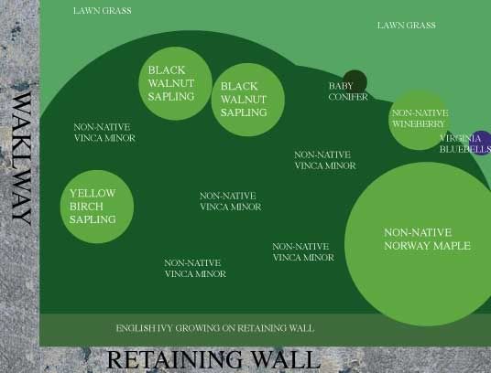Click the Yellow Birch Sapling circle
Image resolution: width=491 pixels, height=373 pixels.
(97, 207)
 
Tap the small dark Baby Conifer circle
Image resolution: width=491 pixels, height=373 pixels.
(355, 82)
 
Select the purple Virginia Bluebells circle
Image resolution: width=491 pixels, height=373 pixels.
(481, 143)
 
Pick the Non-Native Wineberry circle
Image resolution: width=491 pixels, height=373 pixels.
(420, 121)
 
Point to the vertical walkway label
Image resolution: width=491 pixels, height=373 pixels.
(22, 158)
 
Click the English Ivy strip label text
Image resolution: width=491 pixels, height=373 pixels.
(214, 328)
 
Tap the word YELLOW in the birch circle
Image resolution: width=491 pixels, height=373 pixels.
(93, 194)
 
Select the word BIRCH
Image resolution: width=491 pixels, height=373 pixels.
(86, 207)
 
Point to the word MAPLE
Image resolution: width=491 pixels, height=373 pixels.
(454, 246)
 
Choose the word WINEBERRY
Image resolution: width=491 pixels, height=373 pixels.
(418, 124)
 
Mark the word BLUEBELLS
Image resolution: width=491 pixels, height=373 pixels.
(465, 149)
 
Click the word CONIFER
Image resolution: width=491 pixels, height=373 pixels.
(348, 97)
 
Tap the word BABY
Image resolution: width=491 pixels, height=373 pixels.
(341, 86)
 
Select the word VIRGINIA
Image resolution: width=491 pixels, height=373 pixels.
(460, 138)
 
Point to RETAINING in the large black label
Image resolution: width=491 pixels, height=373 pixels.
(175, 360)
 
